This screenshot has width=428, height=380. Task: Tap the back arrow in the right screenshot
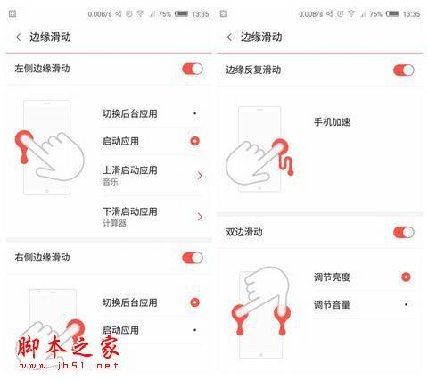click(229, 37)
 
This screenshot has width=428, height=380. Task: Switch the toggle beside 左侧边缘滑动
click(192, 69)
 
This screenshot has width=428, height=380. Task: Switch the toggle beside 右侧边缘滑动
click(192, 258)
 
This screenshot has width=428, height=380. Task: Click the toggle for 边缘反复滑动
click(403, 70)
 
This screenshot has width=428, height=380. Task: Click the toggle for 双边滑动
click(403, 232)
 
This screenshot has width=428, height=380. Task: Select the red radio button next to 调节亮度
click(406, 277)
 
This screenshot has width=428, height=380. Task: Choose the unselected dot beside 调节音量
click(406, 304)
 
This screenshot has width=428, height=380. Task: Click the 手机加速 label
click(332, 121)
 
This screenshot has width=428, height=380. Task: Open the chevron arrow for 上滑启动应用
click(199, 175)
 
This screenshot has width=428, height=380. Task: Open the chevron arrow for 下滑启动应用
click(199, 216)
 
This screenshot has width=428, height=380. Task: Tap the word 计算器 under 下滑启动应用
click(114, 223)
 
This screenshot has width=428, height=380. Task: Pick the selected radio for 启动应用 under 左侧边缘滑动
click(194, 141)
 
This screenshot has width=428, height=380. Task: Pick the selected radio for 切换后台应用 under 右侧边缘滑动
click(194, 302)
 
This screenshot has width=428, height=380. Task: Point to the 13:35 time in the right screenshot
click(411, 14)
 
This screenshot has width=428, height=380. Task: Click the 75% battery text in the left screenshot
click(163, 14)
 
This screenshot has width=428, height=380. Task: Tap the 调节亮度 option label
click(332, 277)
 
